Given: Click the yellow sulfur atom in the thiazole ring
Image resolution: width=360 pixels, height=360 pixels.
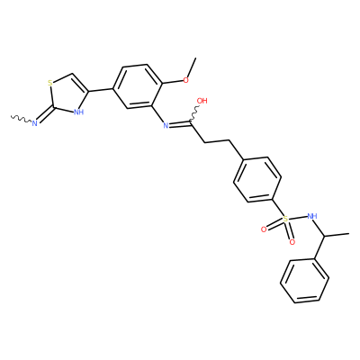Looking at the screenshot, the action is [49, 82].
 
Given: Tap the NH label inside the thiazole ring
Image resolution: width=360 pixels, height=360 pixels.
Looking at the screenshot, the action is [78, 112].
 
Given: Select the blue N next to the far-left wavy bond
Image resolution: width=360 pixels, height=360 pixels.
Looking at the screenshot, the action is [34, 122].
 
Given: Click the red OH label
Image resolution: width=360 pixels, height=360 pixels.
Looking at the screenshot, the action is [202, 101].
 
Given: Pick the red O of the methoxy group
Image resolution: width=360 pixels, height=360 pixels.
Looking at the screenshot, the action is [186, 80].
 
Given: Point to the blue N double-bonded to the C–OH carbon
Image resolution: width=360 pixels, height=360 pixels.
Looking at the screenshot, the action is [166, 125].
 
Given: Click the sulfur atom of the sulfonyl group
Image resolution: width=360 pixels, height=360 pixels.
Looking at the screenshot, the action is [285, 220].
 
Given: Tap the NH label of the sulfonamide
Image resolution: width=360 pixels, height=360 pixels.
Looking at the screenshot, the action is [312, 216].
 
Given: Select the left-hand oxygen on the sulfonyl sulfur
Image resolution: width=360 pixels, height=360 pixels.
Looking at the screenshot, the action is [264, 229].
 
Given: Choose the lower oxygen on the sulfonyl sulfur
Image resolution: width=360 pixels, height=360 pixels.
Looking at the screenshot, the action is [292, 242].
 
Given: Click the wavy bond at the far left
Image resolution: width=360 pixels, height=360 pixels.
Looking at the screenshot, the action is [21, 119].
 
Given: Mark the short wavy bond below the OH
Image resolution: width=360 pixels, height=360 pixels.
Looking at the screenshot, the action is [194, 114].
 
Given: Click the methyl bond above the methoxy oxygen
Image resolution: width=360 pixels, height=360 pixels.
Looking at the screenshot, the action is [192, 67].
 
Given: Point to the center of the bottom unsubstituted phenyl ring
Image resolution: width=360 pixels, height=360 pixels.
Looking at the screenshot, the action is [304, 281].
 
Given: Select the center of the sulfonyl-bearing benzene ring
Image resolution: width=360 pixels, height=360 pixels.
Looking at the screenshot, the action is [257, 179].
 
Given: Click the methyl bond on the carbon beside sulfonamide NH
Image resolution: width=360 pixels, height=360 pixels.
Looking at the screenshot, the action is [337, 235].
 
